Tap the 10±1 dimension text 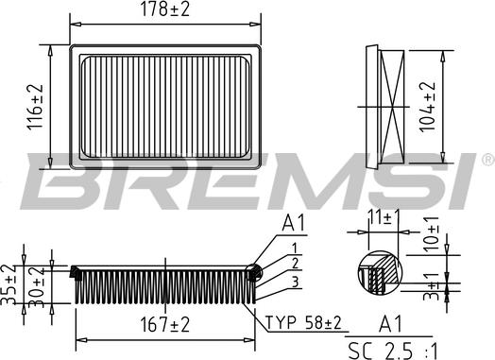[x=430, y=234]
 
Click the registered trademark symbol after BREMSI [x=486, y=157]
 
